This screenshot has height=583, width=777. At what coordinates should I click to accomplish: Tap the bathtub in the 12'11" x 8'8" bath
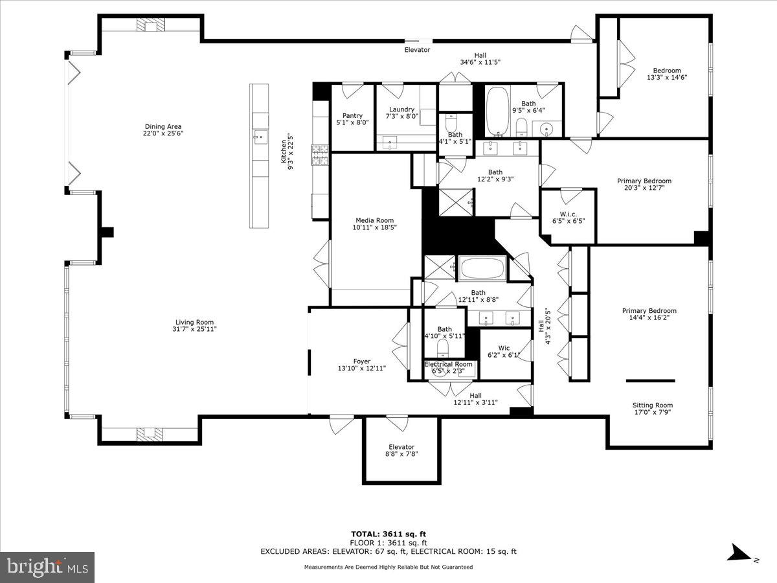(x=482, y=268)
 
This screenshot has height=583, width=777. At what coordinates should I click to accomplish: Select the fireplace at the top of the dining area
(x=151, y=26)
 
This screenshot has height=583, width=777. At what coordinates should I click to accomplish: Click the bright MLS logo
(x=47, y=567)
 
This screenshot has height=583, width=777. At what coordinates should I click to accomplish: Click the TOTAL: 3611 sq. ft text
(x=388, y=534)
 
